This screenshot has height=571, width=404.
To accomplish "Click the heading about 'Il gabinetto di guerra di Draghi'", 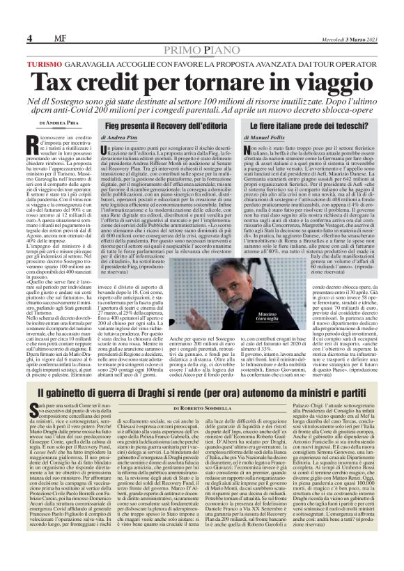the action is click(x=201, y=396).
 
